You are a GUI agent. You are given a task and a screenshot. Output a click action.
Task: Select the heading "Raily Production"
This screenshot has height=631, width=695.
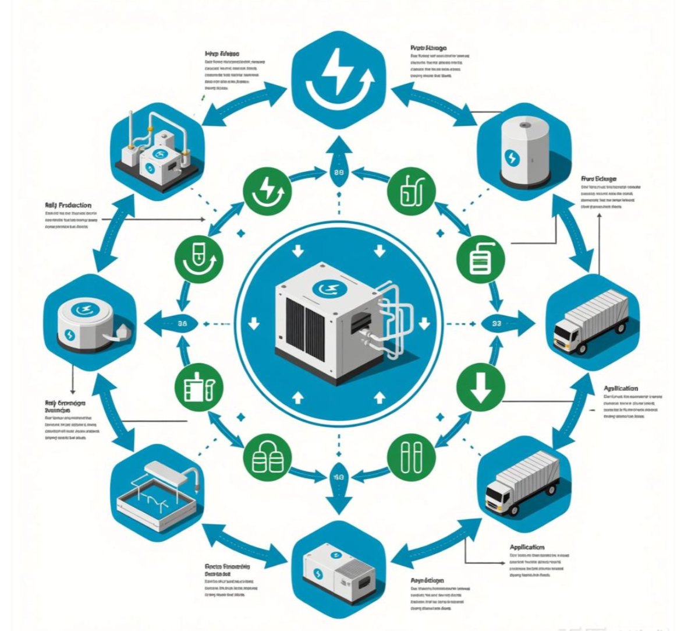click(x=68, y=206)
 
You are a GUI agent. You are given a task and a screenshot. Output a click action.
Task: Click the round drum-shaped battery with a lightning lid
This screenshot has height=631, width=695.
click(x=87, y=323)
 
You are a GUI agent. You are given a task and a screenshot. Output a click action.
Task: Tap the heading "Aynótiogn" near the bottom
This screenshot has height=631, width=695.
click(x=428, y=580)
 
